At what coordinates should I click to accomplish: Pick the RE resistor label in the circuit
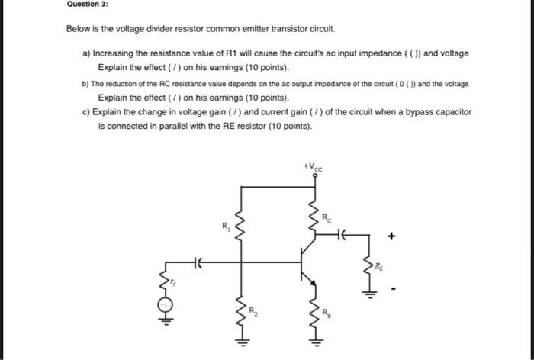tap(327, 311)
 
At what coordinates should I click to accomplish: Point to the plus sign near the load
tap(391, 237)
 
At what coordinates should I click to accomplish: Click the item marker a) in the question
tap(85, 53)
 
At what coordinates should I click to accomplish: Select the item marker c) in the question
tap(85, 111)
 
